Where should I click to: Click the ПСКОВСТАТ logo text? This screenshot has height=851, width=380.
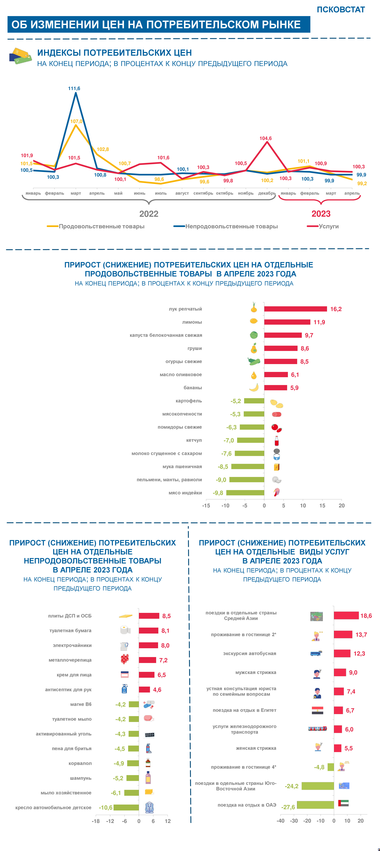click(341, 10)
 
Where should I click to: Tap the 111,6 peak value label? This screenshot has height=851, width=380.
click(74, 89)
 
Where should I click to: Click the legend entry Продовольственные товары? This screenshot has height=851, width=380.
click(101, 226)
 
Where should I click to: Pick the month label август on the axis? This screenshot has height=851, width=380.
click(182, 193)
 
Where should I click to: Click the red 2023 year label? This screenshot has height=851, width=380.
click(321, 214)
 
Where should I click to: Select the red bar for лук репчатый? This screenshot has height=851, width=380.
click(295, 309)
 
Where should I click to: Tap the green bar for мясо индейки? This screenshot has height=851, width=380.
click(245, 493)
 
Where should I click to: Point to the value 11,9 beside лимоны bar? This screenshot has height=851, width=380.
click(319, 322)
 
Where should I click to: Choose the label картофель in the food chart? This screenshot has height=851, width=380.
click(189, 401)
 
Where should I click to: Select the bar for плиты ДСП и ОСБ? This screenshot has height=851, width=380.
click(149, 616)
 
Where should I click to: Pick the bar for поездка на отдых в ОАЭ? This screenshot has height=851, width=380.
click(316, 805)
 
